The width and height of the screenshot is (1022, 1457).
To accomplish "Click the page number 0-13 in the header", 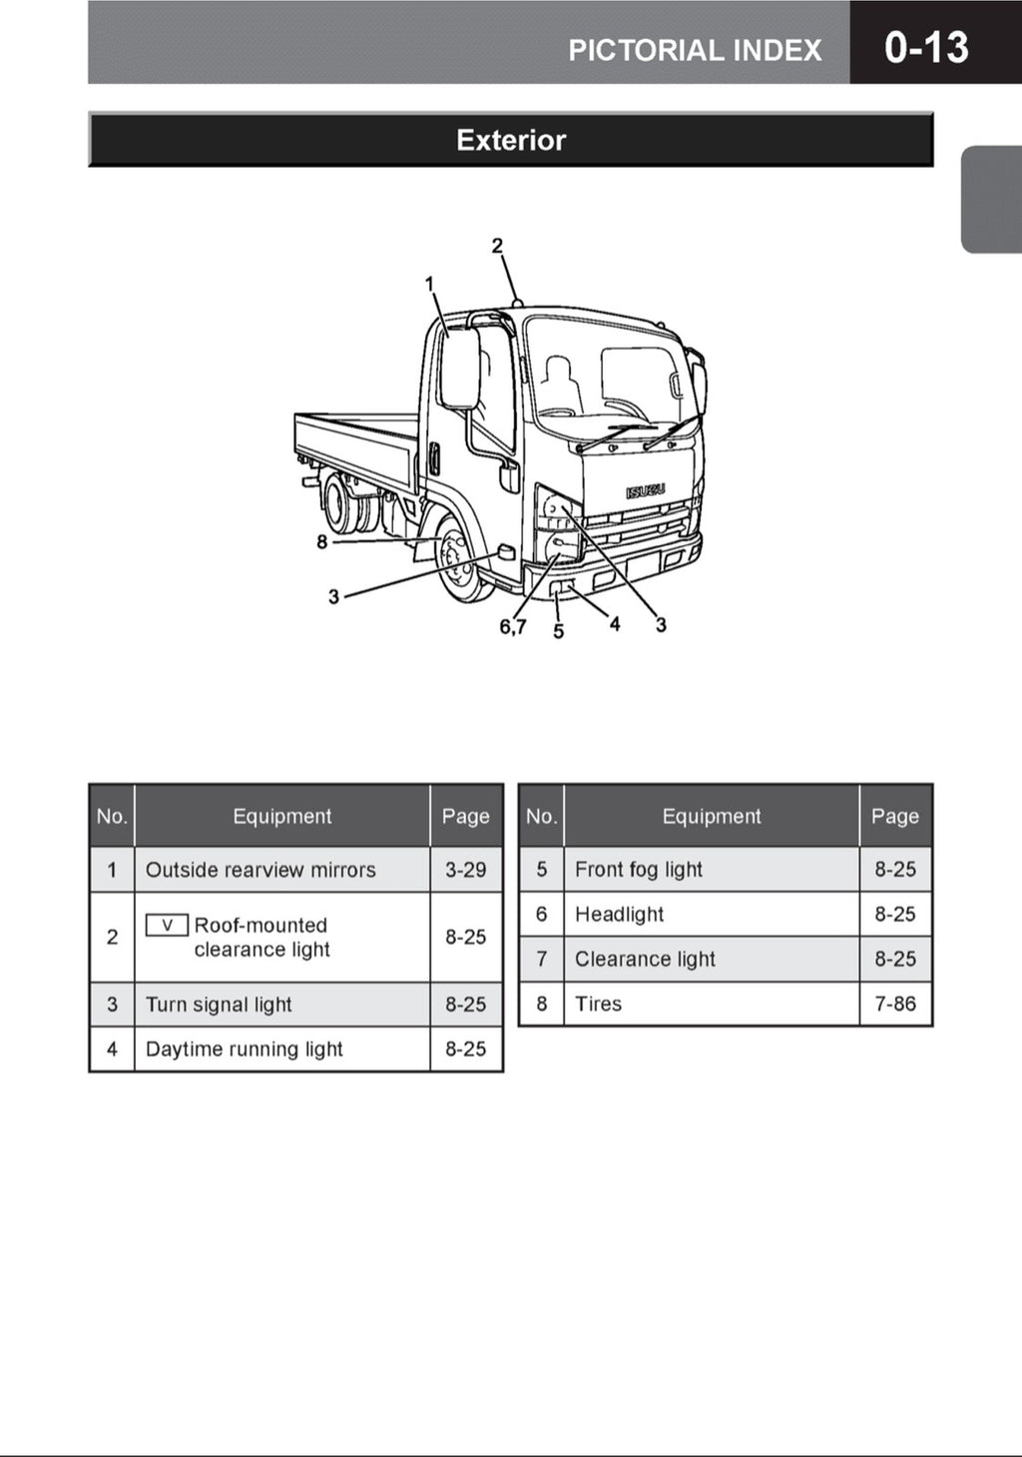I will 925,47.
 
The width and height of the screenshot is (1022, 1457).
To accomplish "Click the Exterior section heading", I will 511,140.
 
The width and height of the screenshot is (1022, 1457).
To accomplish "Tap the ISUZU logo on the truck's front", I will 645,490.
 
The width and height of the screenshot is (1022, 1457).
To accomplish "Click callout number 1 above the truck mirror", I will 430,285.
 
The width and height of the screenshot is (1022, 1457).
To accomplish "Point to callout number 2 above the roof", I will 497,246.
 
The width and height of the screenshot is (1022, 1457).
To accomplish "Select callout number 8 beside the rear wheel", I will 321,542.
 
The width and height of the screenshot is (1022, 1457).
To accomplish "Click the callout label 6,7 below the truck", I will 513,627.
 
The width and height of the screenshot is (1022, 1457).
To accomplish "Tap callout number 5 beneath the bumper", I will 558,631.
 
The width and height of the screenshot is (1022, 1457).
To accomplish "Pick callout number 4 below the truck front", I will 615,624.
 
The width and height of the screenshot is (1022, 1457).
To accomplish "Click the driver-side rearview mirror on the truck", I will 460,367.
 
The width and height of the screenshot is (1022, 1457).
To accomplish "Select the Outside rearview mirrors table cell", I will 260,870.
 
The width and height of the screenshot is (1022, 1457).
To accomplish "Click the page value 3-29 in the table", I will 465,870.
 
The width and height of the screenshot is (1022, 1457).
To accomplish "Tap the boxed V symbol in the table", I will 167,926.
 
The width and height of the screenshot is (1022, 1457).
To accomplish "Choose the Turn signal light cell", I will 219,1005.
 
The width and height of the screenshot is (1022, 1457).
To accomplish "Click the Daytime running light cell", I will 245,1050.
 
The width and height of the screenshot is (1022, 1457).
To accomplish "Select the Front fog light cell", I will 639,870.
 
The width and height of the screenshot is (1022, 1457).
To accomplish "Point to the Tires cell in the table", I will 599,1005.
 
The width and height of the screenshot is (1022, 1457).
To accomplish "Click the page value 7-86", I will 895,1005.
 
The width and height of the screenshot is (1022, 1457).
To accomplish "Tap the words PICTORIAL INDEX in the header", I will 695,50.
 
